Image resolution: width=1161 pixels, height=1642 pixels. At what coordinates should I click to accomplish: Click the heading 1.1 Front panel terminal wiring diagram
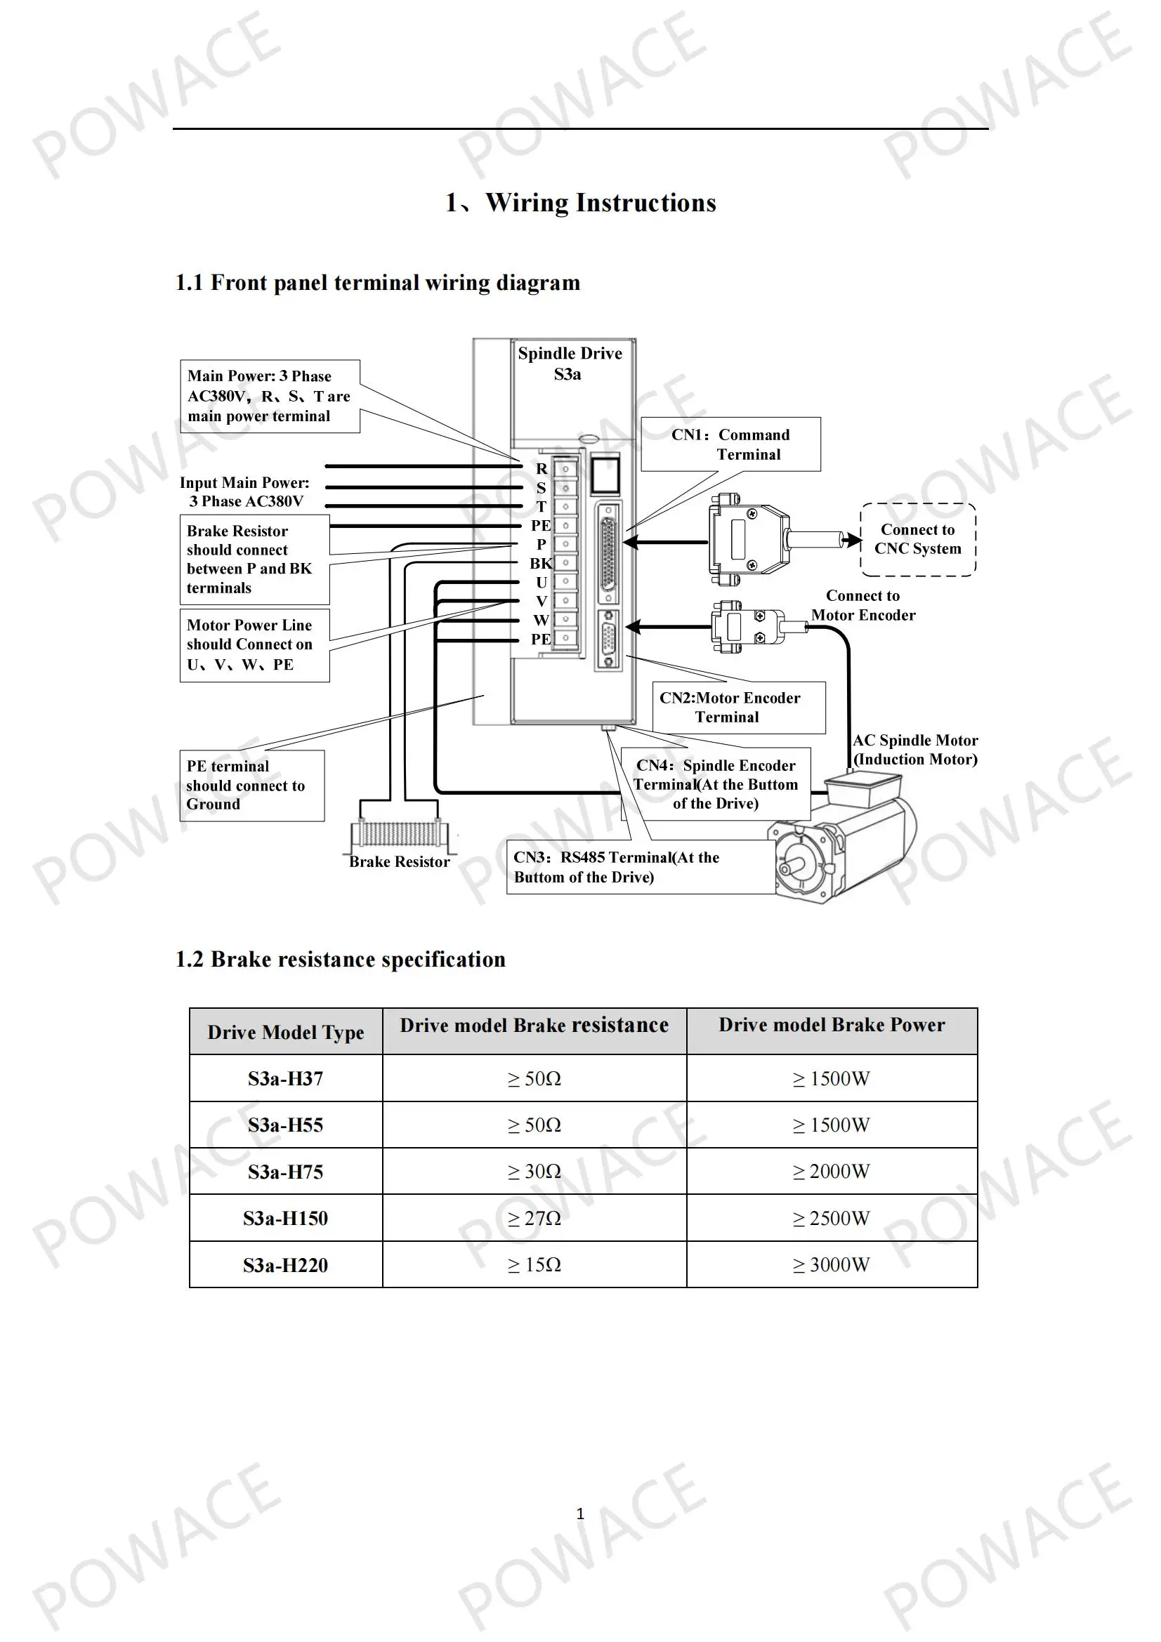[x=378, y=282]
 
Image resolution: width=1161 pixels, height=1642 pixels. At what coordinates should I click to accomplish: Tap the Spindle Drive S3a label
[x=570, y=364]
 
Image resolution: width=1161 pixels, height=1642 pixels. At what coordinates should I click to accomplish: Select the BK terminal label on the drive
[x=541, y=564]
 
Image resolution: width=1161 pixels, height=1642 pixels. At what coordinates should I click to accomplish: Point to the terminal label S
[x=542, y=488]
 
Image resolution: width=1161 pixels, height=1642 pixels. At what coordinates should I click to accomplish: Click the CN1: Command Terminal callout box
[x=730, y=444]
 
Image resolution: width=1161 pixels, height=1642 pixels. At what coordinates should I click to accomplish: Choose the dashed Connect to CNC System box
[x=918, y=539]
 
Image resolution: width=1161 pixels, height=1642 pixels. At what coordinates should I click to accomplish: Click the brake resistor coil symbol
[x=399, y=834]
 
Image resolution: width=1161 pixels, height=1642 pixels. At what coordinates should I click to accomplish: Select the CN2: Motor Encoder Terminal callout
[x=738, y=708]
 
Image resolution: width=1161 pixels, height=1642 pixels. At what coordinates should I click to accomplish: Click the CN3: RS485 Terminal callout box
[x=641, y=867]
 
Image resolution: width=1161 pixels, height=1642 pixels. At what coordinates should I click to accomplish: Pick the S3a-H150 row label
[x=285, y=1218]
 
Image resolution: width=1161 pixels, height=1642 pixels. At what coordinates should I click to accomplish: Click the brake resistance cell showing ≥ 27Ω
[x=534, y=1218]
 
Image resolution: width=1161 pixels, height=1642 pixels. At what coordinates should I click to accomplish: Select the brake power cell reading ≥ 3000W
[x=832, y=1264]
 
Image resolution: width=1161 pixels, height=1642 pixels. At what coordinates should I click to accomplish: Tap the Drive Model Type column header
[x=286, y=1031]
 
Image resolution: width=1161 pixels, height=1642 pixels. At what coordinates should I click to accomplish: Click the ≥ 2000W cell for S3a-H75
[x=832, y=1171]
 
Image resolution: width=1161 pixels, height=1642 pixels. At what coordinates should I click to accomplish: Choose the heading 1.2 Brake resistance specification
[x=341, y=959]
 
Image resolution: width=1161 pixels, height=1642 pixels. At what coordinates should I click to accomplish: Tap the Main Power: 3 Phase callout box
[x=270, y=396]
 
